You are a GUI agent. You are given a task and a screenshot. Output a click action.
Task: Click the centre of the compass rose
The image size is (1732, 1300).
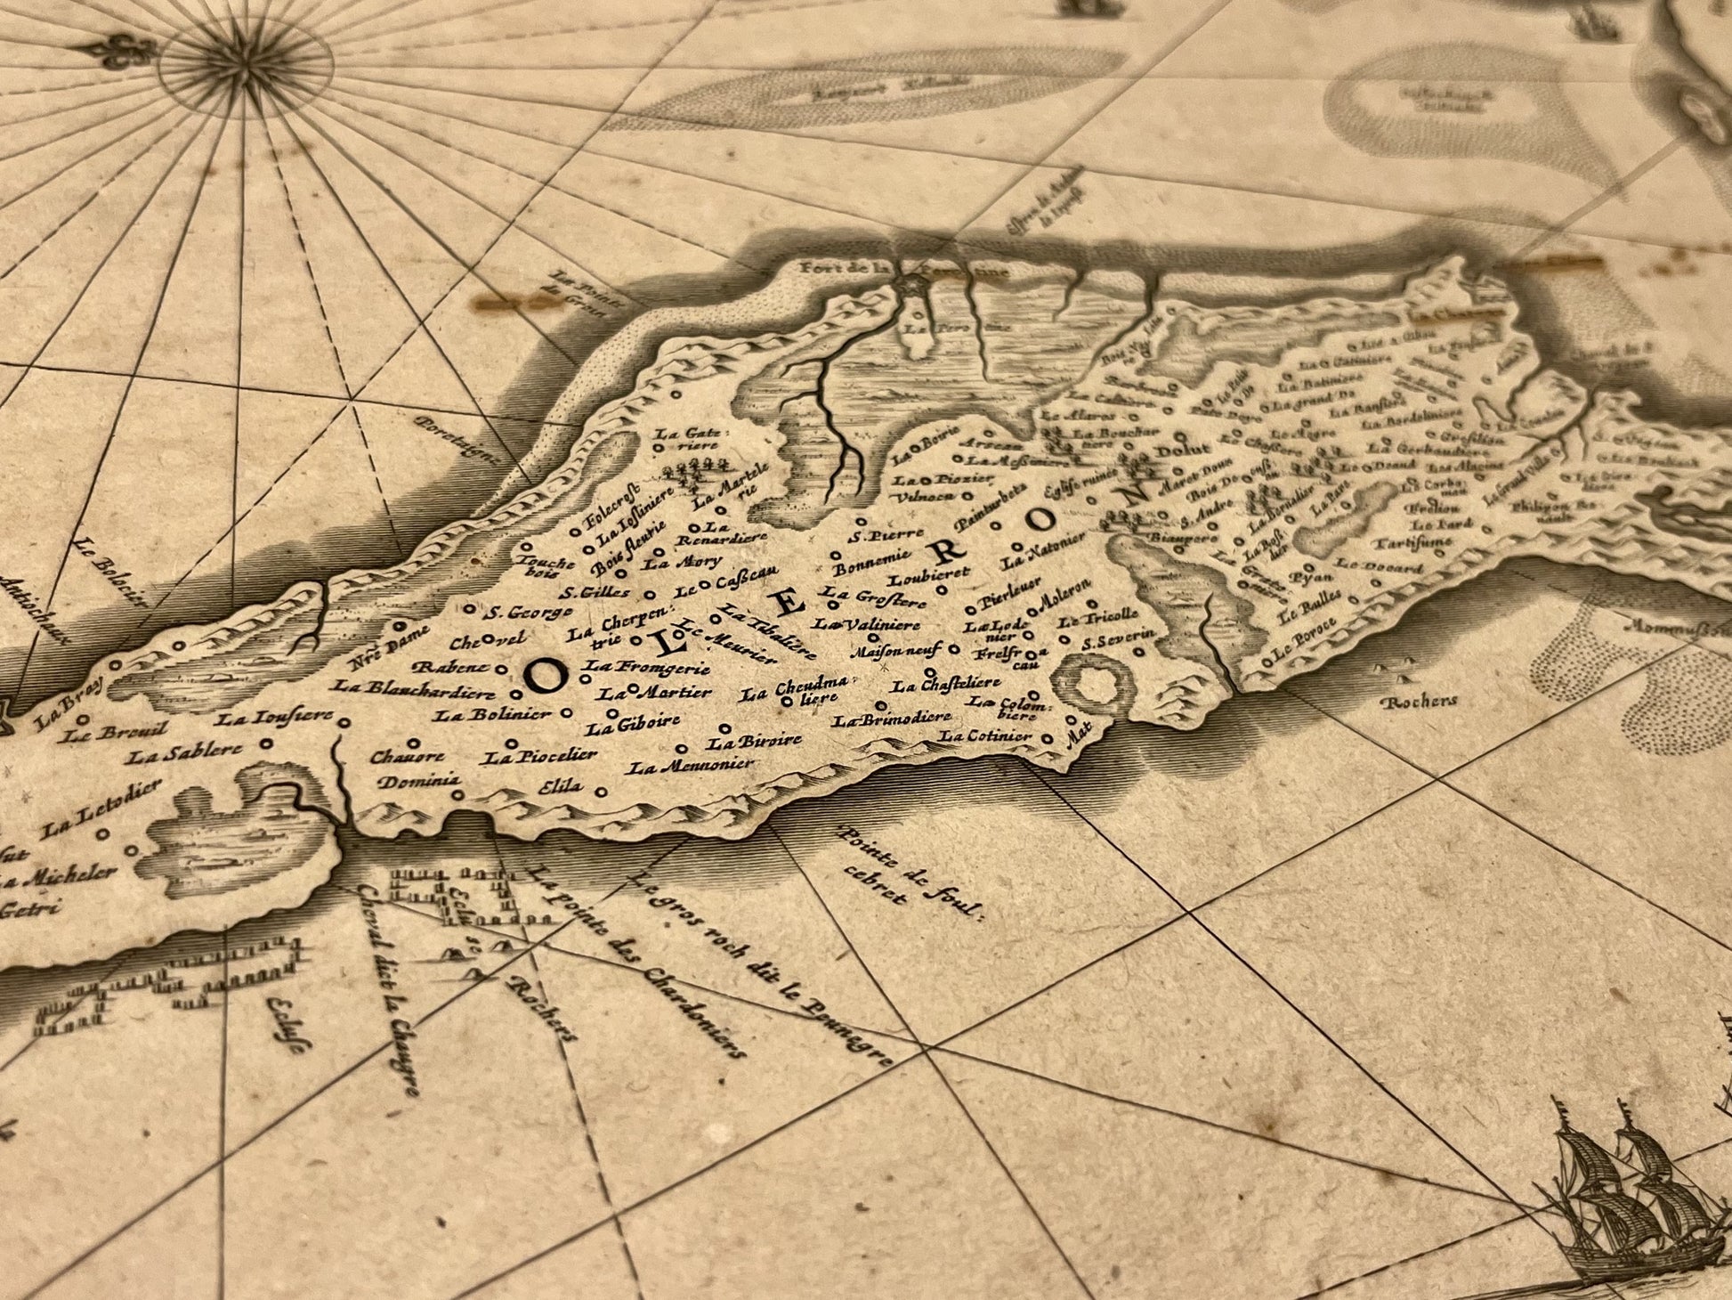coord(244,64)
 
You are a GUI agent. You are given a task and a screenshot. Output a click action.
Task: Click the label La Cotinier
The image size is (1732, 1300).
coord(986,736)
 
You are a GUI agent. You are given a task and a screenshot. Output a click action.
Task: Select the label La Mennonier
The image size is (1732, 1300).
coord(691,764)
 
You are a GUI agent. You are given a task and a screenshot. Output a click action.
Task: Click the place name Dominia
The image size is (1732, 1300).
coord(418,782)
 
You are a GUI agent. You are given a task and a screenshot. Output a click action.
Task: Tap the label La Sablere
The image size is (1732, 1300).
coord(183,754)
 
